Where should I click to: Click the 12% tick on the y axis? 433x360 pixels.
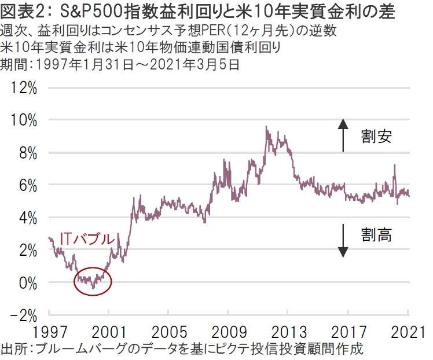click(24, 88)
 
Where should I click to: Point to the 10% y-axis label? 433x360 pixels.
click(24, 120)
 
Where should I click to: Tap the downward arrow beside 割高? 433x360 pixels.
click(343, 240)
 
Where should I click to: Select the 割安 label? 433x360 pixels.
click(376, 137)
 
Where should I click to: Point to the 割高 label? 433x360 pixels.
click(376, 235)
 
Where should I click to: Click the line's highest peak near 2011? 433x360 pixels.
click(266, 127)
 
